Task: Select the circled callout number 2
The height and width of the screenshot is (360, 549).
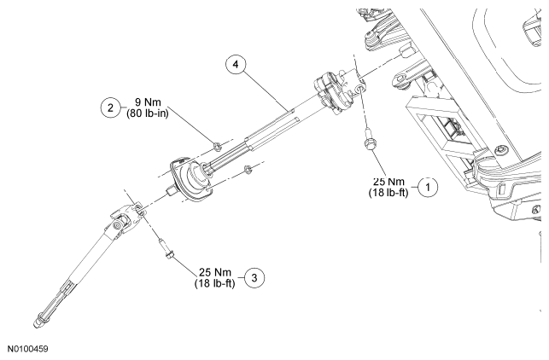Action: (x=109, y=107)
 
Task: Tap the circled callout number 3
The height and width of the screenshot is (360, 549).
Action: (x=254, y=277)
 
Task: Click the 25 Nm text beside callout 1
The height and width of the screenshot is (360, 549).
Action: (x=388, y=180)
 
